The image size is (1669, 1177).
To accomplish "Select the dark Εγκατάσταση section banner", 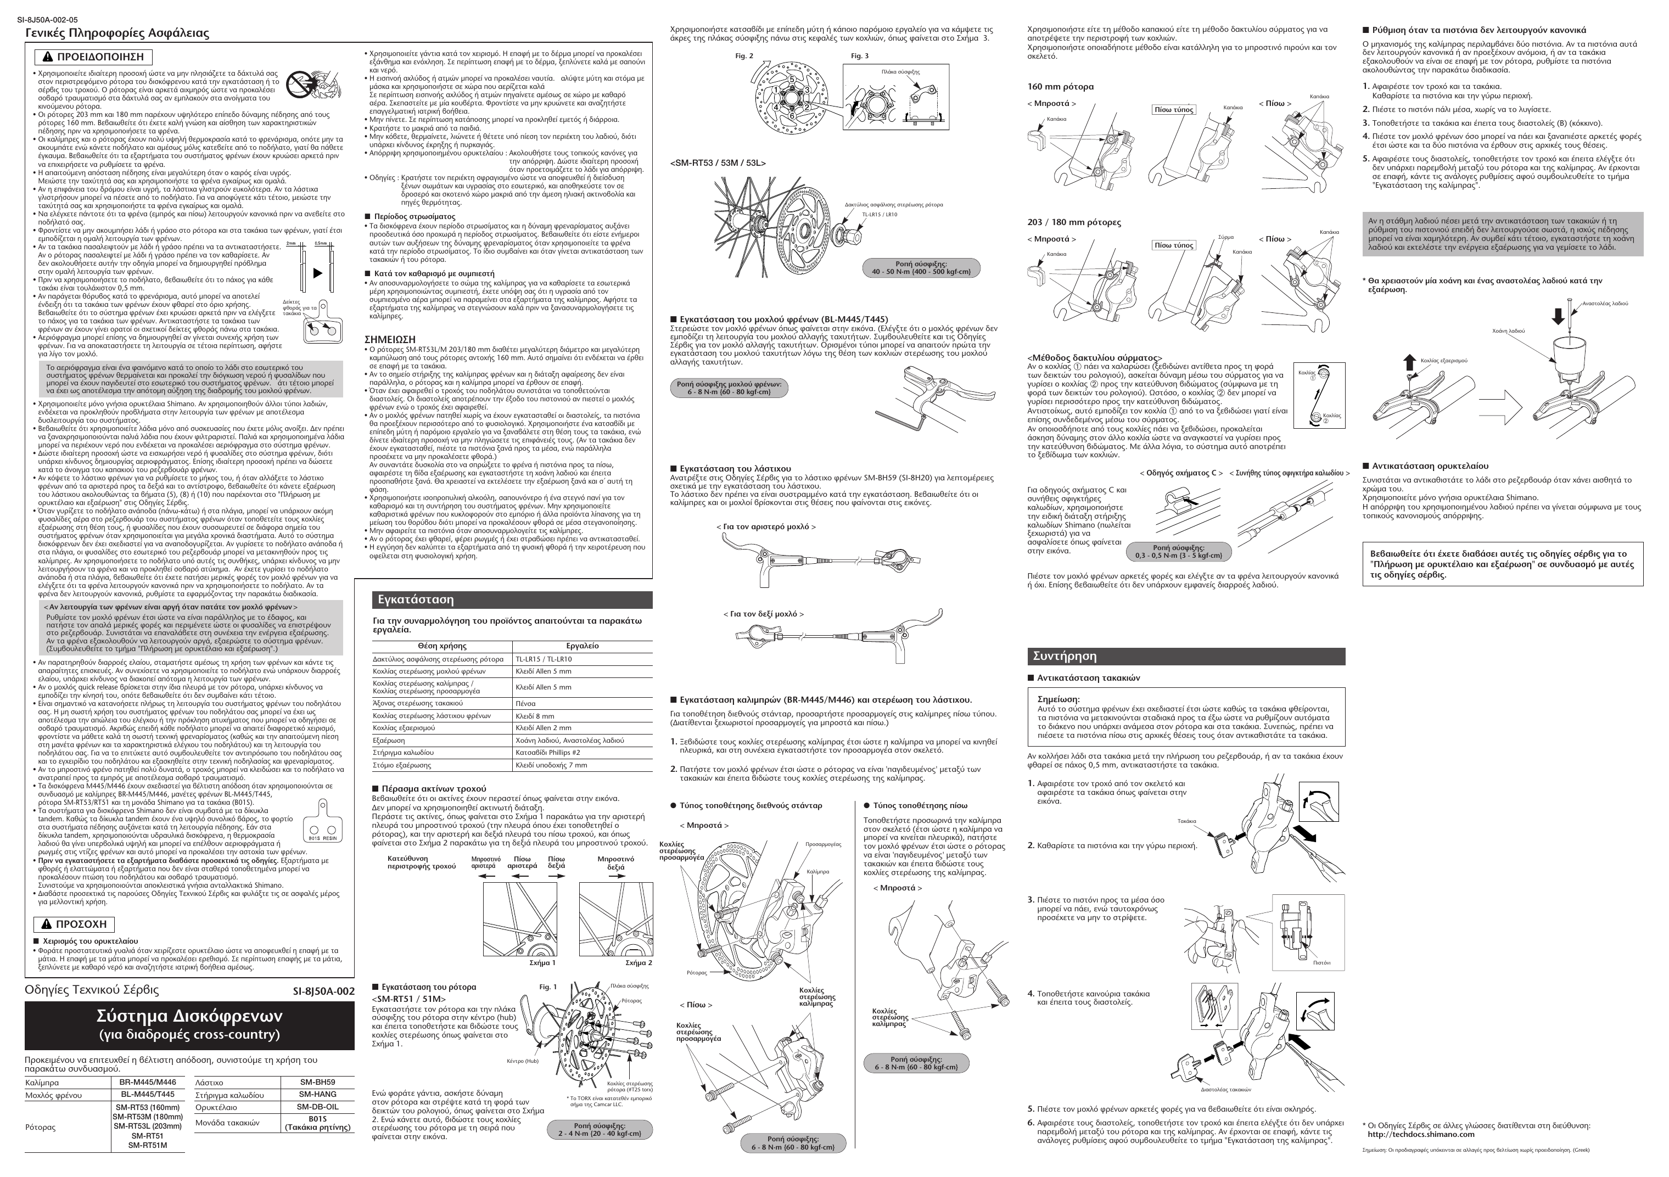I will point(512,600).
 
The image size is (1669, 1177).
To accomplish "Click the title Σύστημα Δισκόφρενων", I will point(189,1016).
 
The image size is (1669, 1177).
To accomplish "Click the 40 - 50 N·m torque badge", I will point(921,267).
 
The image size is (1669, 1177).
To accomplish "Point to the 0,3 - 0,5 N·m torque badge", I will point(1178,552).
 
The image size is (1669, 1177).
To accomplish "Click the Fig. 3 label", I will point(859,56).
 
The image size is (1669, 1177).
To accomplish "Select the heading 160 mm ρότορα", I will point(1060,87).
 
